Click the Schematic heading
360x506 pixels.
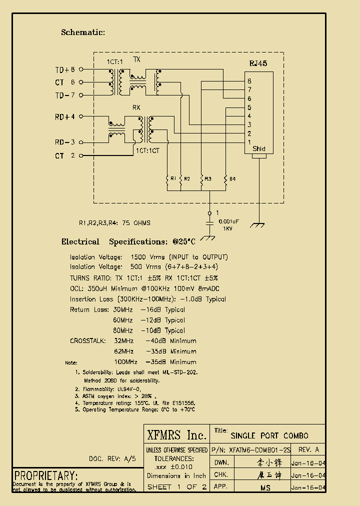click(x=83, y=32)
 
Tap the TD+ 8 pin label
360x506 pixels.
click(x=65, y=69)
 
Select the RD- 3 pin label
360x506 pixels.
click(x=65, y=142)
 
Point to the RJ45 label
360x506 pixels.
click(x=258, y=63)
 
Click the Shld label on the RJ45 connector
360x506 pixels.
click(x=259, y=149)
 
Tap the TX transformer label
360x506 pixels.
click(x=136, y=59)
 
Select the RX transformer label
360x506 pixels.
click(x=136, y=107)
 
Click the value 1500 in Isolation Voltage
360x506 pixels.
click(x=138, y=257)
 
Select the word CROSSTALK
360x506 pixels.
click(x=88, y=341)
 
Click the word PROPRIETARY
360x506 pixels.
click(x=45, y=475)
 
